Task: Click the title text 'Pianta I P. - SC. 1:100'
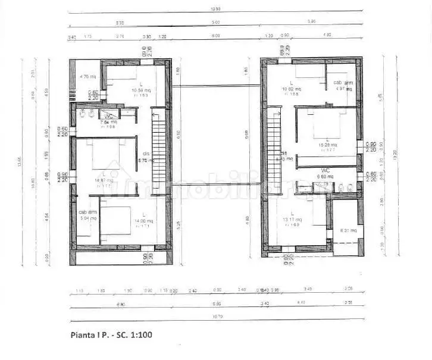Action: (x=111, y=335)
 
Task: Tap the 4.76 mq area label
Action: (x=88, y=77)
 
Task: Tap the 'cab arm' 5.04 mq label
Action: (x=87, y=215)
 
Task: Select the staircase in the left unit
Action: (x=158, y=151)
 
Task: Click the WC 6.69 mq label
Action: (x=324, y=173)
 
